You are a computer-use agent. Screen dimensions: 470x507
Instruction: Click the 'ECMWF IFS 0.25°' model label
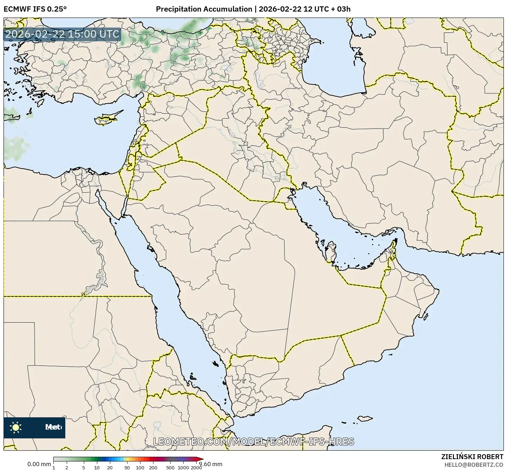coord(35,9)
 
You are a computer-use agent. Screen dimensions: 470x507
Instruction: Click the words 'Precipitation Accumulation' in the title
coord(204,9)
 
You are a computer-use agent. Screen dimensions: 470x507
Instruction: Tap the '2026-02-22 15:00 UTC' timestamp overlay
coord(62,34)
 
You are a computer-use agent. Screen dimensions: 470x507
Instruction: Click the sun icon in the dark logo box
coord(16,427)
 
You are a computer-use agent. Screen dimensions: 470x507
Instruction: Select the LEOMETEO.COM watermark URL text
coord(253,442)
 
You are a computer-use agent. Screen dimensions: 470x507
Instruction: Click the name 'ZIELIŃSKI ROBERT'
coord(472,457)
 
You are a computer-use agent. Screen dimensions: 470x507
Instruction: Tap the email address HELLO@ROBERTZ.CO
coord(474,464)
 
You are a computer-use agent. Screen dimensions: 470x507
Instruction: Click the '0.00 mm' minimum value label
coord(39,464)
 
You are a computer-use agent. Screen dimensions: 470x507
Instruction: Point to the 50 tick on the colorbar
coord(127,467)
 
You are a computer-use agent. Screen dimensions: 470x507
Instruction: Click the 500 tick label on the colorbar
coord(170,467)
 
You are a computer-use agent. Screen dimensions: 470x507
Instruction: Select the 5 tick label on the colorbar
coord(84,467)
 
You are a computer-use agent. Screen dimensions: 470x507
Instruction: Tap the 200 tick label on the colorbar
coord(153,467)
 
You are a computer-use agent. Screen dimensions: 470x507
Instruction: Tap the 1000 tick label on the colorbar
coord(183,467)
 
